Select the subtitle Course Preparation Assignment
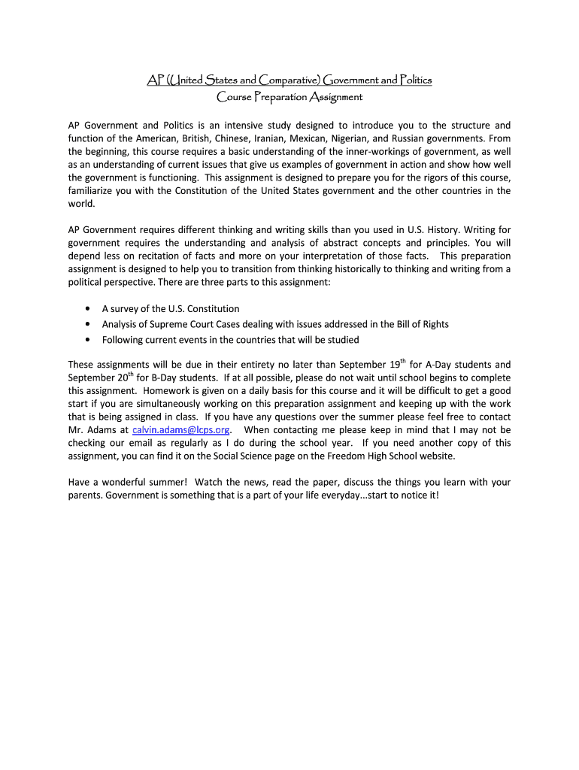tap(289, 97)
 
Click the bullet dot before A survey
tap(88, 309)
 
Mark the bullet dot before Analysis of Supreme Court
tap(88, 324)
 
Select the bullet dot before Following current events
tap(88, 340)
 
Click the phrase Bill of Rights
tap(422, 324)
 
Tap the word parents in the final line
tap(85, 495)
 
